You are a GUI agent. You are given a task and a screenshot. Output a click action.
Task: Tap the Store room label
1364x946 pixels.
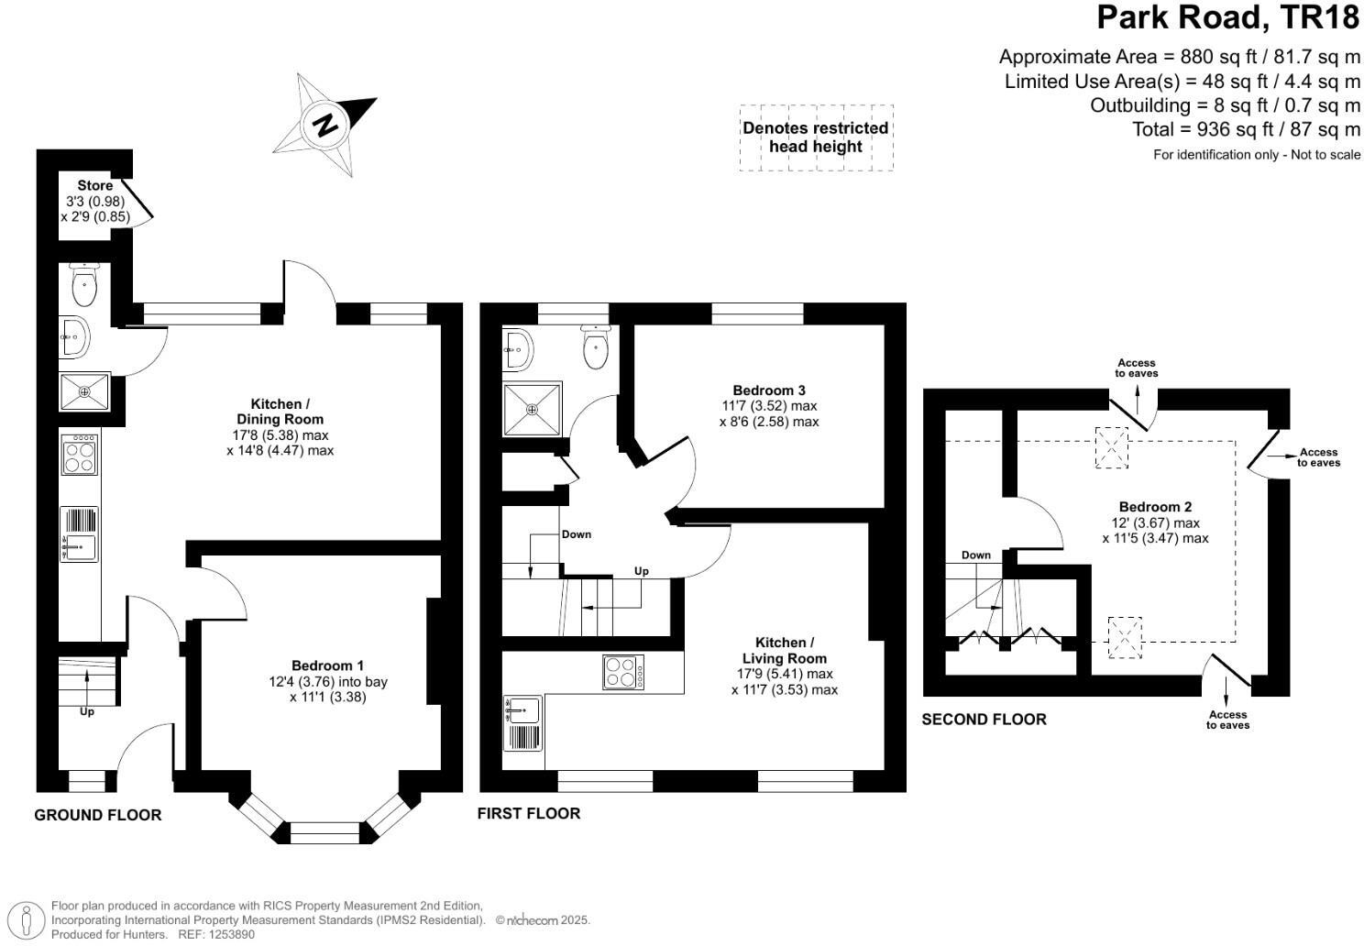pos(95,186)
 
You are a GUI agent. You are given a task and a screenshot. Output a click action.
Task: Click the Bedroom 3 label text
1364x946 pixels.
pos(769,390)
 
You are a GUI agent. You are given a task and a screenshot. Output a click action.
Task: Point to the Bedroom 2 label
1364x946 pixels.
pos(1155,507)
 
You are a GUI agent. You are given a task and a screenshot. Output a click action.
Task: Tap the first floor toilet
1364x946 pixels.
pos(596,347)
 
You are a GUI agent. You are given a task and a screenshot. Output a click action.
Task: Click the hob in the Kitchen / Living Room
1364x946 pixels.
pos(623,672)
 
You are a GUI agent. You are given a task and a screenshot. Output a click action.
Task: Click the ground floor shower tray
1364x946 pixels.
pos(84,392)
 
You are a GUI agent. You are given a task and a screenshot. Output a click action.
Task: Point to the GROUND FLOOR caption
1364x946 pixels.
pos(98,815)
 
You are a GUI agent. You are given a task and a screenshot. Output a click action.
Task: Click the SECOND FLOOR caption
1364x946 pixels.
pos(984,720)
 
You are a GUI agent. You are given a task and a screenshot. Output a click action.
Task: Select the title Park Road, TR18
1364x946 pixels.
pos(1228,17)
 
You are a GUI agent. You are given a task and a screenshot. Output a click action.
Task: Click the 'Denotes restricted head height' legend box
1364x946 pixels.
pos(816,137)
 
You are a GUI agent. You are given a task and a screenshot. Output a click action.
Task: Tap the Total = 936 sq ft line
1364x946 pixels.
pos(1246,129)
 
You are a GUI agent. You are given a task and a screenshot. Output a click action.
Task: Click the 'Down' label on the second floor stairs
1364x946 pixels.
pos(976,555)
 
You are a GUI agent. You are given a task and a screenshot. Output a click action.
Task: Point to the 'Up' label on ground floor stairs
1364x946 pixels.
pos(87,711)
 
